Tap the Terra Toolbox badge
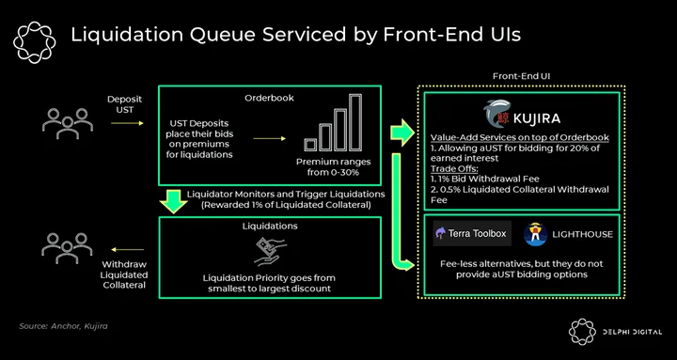pyautogui.click(x=472, y=233)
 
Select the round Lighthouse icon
pyautogui.click(x=535, y=234)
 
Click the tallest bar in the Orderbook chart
pyautogui.click(x=355, y=122)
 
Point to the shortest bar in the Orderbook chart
pyautogui.click(x=310, y=145)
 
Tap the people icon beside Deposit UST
pyautogui.click(x=68, y=123)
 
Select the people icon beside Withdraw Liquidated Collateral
pyautogui.click(x=67, y=248)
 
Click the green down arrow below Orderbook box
pyautogui.click(x=173, y=201)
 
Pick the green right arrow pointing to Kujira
pyautogui.click(x=402, y=133)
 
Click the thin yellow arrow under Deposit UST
pyautogui.click(x=127, y=123)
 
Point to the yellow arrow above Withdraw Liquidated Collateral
pyautogui.click(x=127, y=249)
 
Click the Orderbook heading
pyautogui.click(x=269, y=98)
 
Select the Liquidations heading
pyautogui.click(x=270, y=226)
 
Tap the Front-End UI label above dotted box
pyautogui.click(x=521, y=76)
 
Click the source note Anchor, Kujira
pyautogui.click(x=63, y=326)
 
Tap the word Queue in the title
pyautogui.click(x=226, y=36)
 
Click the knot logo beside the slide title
pyautogui.click(x=35, y=42)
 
